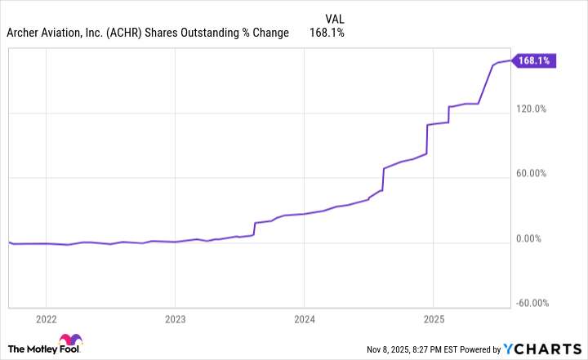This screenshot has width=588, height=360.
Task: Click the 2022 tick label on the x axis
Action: pyautogui.click(x=46, y=318)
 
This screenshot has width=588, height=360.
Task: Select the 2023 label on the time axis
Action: pyautogui.click(x=175, y=318)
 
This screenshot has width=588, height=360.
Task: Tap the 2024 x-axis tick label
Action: pyautogui.click(x=304, y=318)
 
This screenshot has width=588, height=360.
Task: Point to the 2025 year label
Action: pyautogui.click(x=433, y=318)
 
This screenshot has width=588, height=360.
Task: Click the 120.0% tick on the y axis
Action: pyautogui.click(x=531, y=109)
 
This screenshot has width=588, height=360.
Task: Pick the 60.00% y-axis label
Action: pyautogui.click(x=532, y=174)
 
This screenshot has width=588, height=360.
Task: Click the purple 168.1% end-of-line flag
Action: pyautogui.click(x=533, y=60)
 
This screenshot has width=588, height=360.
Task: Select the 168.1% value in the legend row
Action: pyautogui.click(x=326, y=33)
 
